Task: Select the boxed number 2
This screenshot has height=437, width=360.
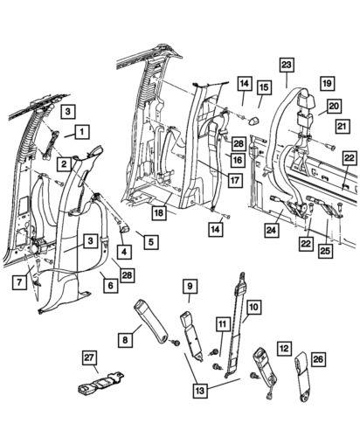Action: [x=65, y=162]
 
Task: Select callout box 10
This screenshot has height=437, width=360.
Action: [x=253, y=307]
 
